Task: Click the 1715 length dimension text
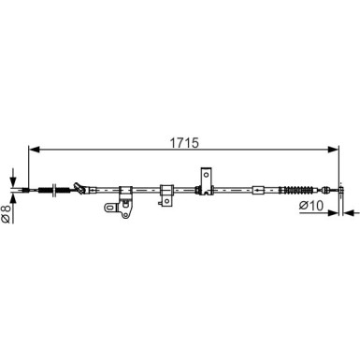[x=184, y=143]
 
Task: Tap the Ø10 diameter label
[x=311, y=206]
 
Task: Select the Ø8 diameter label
[x=7, y=215]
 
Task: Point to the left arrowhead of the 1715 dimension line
[x=34, y=150]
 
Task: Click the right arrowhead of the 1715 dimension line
[x=334, y=150]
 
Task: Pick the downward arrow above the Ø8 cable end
[x=13, y=177]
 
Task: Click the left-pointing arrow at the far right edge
[x=351, y=213]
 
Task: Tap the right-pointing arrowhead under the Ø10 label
[x=334, y=213]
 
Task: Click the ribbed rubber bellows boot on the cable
[x=295, y=190]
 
